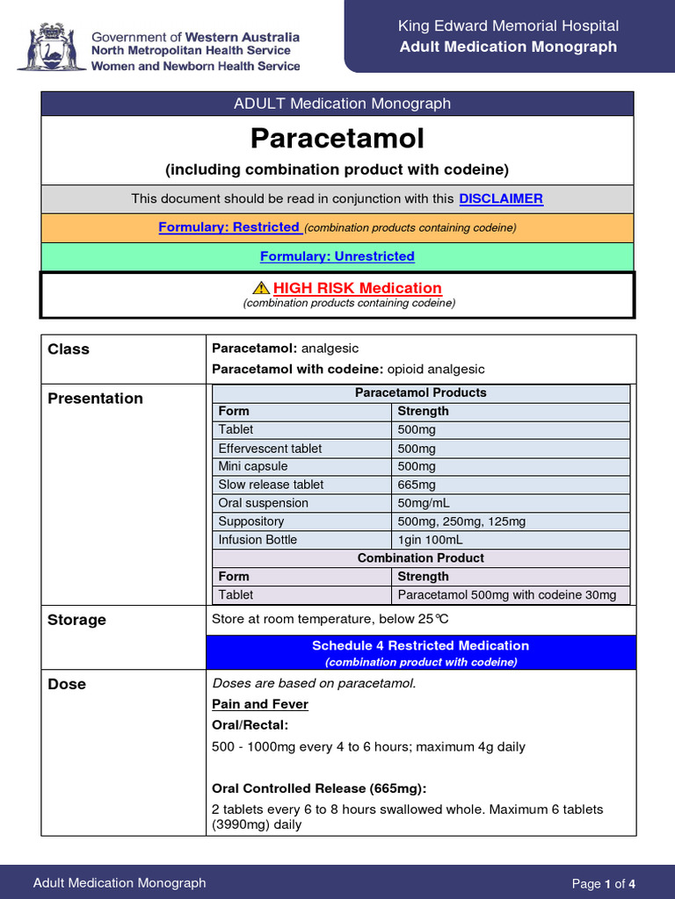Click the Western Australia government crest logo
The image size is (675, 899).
[x=51, y=49]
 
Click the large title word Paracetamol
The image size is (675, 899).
[x=337, y=139]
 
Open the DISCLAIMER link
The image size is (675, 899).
[x=501, y=198]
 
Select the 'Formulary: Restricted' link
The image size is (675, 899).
[x=229, y=227]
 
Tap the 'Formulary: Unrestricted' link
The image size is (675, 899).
[x=337, y=256]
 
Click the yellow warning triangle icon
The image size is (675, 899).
[x=260, y=288]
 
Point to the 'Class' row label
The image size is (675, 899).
[x=69, y=349]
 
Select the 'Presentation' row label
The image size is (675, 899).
[x=95, y=399]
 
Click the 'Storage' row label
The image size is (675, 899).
[x=76, y=620]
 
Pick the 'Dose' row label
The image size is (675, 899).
[x=67, y=685]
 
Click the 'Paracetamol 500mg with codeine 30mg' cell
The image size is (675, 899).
[x=507, y=595]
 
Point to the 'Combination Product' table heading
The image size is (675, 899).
[x=420, y=558]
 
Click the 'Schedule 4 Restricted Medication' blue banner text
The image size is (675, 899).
[x=420, y=645]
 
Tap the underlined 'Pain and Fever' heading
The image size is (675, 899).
[x=260, y=704]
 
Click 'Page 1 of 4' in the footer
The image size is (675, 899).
[x=603, y=883]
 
